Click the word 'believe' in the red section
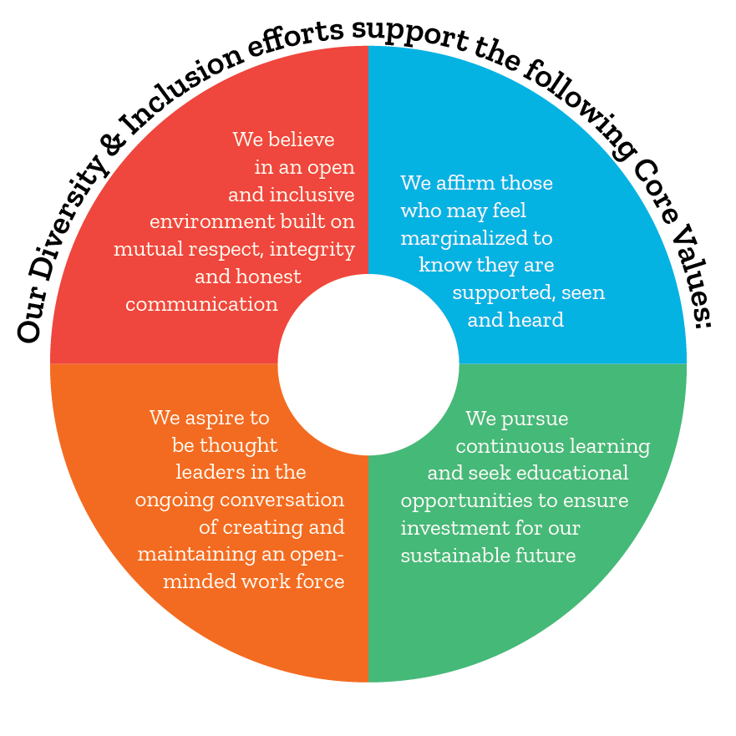click(302, 140)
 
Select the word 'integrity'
click(312, 250)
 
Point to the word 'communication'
click(202, 304)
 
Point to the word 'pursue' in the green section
click(535, 419)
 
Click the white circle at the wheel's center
click(368, 364)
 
